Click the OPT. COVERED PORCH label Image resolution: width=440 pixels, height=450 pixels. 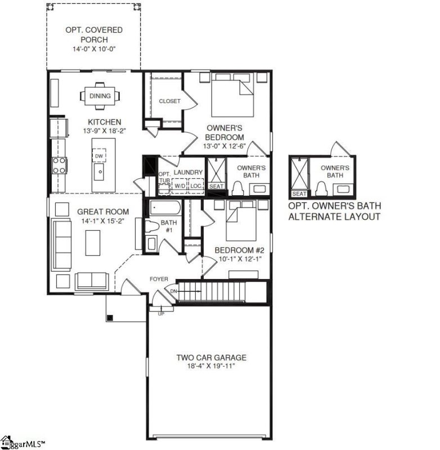pos(93,34)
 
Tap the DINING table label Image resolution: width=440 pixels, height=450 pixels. pos(100,96)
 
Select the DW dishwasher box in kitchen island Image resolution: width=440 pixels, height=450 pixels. pos(99,156)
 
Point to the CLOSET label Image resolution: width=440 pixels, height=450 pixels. pos(169,101)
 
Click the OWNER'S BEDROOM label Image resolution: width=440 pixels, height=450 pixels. pos(225,133)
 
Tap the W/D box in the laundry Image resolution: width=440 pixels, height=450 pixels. pos(179,185)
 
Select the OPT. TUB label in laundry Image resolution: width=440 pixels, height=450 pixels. pos(164,178)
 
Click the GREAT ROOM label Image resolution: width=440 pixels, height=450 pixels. pos(103,212)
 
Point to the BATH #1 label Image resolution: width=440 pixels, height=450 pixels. pos(169,226)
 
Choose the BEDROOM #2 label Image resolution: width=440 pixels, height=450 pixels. pos(239,250)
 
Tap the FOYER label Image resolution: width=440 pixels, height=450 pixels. pos(159,279)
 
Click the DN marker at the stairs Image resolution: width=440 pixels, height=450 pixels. pos(173,291)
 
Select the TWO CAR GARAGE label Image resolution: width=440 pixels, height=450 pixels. pos(211,357)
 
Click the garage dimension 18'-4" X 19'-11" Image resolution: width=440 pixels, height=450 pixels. pos(211,366)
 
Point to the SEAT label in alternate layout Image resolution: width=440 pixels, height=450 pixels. pos(299,194)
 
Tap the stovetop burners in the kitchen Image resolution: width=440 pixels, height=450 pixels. pos(59,164)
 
